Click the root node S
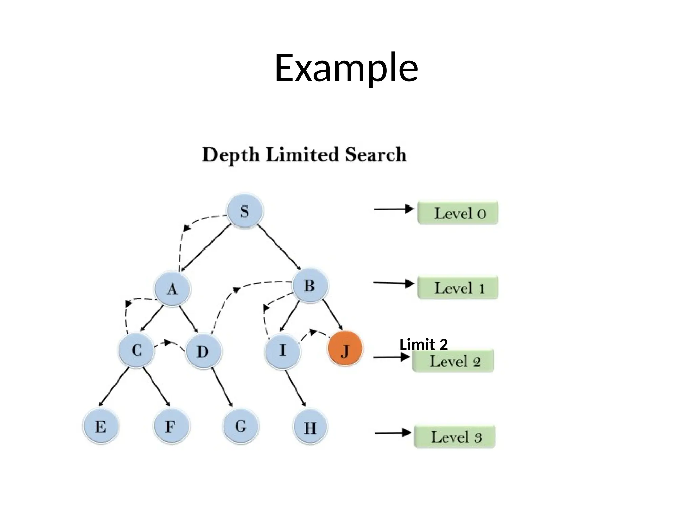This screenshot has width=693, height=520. (x=245, y=211)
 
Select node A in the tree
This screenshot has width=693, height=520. (x=172, y=289)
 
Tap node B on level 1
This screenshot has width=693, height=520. (x=310, y=285)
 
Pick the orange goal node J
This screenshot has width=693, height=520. (x=345, y=349)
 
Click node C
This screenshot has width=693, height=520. (x=136, y=350)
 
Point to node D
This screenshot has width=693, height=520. (x=203, y=351)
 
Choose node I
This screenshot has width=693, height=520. (x=283, y=351)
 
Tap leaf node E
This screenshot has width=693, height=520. (x=101, y=426)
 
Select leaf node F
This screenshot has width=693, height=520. (x=171, y=426)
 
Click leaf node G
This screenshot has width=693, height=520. (x=241, y=426)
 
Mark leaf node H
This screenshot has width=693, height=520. (x=310, y=427)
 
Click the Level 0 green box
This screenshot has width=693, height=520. (x=458, y=213)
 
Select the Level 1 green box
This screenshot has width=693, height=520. (x=458, y=288)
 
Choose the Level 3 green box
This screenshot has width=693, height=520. (x=455, y=437)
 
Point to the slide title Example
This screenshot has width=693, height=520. (x=346, y=68)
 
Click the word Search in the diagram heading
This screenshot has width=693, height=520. (x=376, y=155)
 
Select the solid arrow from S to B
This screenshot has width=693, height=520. (x=280, y=247)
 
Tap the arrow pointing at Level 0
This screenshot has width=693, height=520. (x=394, y=209)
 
